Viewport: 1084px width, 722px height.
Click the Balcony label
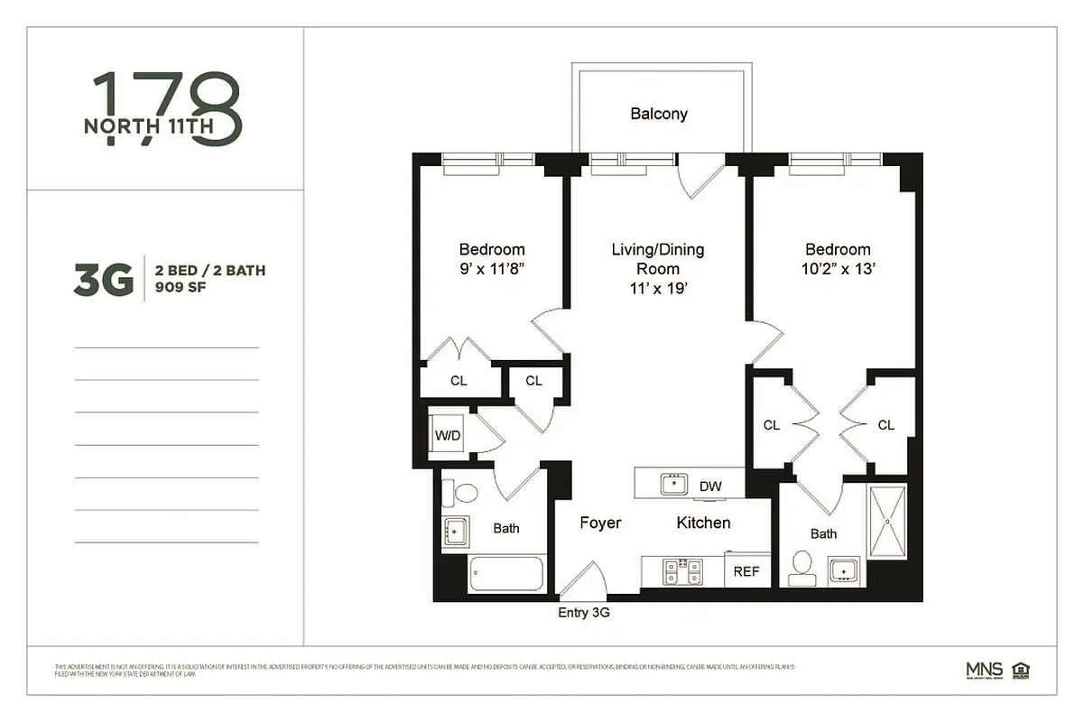(x=659, y=114)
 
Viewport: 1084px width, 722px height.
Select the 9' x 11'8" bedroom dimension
(x=492, y=269)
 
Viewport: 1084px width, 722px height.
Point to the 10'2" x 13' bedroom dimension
(x=838, y=269)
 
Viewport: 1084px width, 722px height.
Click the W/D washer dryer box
(x=448, y=436)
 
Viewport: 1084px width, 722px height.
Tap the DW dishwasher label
(x=711, y=486)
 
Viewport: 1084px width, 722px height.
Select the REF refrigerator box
(x=746, y=571)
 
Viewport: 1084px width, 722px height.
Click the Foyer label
(x=600, y=523)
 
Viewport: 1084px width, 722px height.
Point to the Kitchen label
(x=703, y=523)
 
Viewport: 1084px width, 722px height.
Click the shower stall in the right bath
(x=887, y=521)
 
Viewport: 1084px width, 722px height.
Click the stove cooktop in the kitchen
(x=682, y=569)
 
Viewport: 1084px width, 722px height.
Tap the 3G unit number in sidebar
(x=104, y=280)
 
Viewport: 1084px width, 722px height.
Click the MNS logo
(x=984, y=670)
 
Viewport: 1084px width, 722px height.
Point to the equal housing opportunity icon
(x=1021, y=670)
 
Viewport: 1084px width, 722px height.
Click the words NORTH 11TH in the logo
(x=149, y=126)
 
